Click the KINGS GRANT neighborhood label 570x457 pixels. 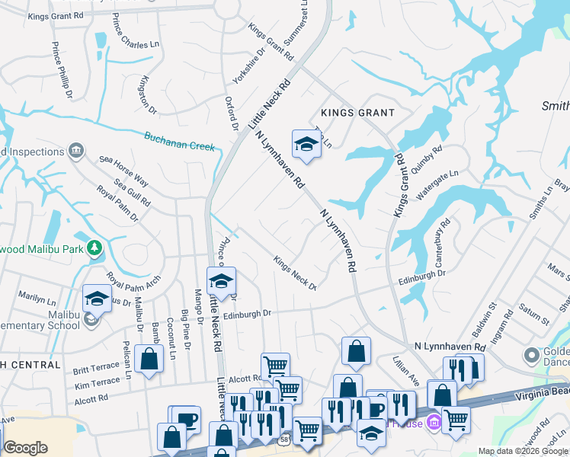(357, 113)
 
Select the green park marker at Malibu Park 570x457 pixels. (94, 248)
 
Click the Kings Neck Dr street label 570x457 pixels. (295, 272)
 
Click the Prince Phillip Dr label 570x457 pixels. (62, 70)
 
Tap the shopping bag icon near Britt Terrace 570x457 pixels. (149, 359)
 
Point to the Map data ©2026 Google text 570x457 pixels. (523, 451)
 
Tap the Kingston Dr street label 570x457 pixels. (148, 96)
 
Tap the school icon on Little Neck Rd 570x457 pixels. (221, 281)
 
